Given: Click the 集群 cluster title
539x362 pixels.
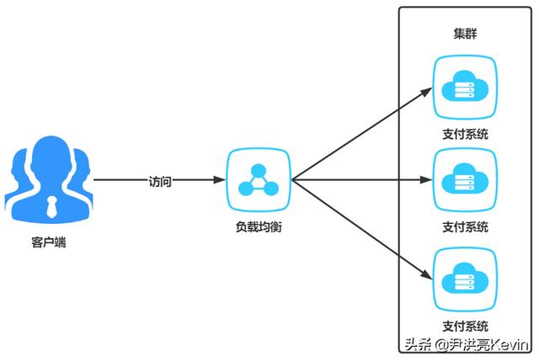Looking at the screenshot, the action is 465,34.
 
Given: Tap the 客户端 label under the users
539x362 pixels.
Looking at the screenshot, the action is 49,242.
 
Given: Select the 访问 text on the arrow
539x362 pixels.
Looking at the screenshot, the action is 160,181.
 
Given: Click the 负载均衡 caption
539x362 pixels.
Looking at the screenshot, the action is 259,226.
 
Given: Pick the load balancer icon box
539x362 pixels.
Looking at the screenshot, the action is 259,179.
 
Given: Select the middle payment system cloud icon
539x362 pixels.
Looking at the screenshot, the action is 465,179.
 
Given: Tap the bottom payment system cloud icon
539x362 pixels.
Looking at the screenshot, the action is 465,279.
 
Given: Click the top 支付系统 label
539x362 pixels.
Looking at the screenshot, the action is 465,134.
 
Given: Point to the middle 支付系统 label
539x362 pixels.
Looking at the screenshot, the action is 465,226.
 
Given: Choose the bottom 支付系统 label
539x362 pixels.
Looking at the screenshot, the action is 465,326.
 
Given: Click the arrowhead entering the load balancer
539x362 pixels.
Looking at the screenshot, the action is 219,179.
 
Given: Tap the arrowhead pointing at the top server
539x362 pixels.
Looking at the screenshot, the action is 426,93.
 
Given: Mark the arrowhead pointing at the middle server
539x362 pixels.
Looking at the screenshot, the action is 427,179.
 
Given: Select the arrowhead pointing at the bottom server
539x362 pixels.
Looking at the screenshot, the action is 426,274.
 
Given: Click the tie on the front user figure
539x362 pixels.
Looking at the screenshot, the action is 51,206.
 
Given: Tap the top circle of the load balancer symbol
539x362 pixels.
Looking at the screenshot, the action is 259,170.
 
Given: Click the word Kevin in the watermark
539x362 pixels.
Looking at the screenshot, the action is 510,344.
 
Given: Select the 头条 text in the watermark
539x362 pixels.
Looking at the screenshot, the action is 418,344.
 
